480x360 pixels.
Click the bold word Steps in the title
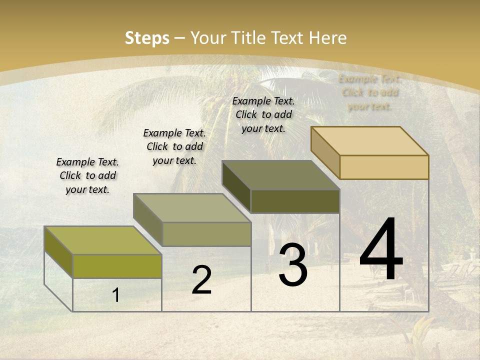[147, 38]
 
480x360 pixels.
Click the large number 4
[381, 250]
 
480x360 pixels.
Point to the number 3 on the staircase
[293, 265]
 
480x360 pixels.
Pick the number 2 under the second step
[201, 280]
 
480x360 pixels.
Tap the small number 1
[116, 295]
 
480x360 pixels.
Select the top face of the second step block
[192, 208]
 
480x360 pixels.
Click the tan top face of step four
[370, 141]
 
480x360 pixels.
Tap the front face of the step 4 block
[384, 167]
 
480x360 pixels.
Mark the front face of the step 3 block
[295, 201]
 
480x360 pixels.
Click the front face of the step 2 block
[206, 234]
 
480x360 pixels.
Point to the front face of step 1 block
[117, 266]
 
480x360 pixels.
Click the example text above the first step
[87, 175]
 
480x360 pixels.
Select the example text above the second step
[174, 146]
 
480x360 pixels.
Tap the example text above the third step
[263, 114]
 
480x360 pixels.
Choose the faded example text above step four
[370, 92]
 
